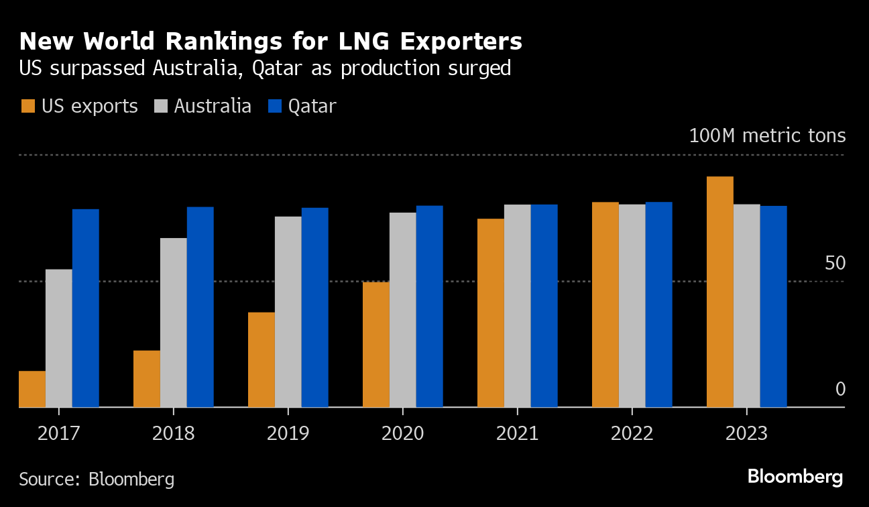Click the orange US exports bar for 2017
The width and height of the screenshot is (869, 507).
(x=32, y=389)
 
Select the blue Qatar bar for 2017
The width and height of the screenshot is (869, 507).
(x=86, y=308)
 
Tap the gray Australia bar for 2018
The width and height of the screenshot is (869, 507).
(x=174, y=323)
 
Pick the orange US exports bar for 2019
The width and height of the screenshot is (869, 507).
(x=262, y=359)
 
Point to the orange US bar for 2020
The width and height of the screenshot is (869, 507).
(x=376, y=345)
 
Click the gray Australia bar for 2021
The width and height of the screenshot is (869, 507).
(x=518, y=306)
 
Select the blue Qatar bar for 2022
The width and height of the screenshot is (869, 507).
(x=659, y=304)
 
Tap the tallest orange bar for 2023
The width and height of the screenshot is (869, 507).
(x=720, y=292)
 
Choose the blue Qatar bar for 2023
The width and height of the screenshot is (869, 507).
(x=773, y=306)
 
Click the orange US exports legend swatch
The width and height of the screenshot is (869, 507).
(x=28, y=106)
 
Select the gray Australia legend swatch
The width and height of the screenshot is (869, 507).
(x=162, y=106)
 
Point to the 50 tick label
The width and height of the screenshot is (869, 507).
(x=835, y=264)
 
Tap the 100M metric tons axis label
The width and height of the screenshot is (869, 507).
(x=767, y=136)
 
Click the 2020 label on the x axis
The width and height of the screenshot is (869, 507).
(x=402, y=433)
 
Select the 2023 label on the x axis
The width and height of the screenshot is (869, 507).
(x=746, y=433)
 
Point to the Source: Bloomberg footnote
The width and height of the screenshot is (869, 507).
(x=97, y=480)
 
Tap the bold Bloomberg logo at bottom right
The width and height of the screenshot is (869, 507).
(x=795, y=477)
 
